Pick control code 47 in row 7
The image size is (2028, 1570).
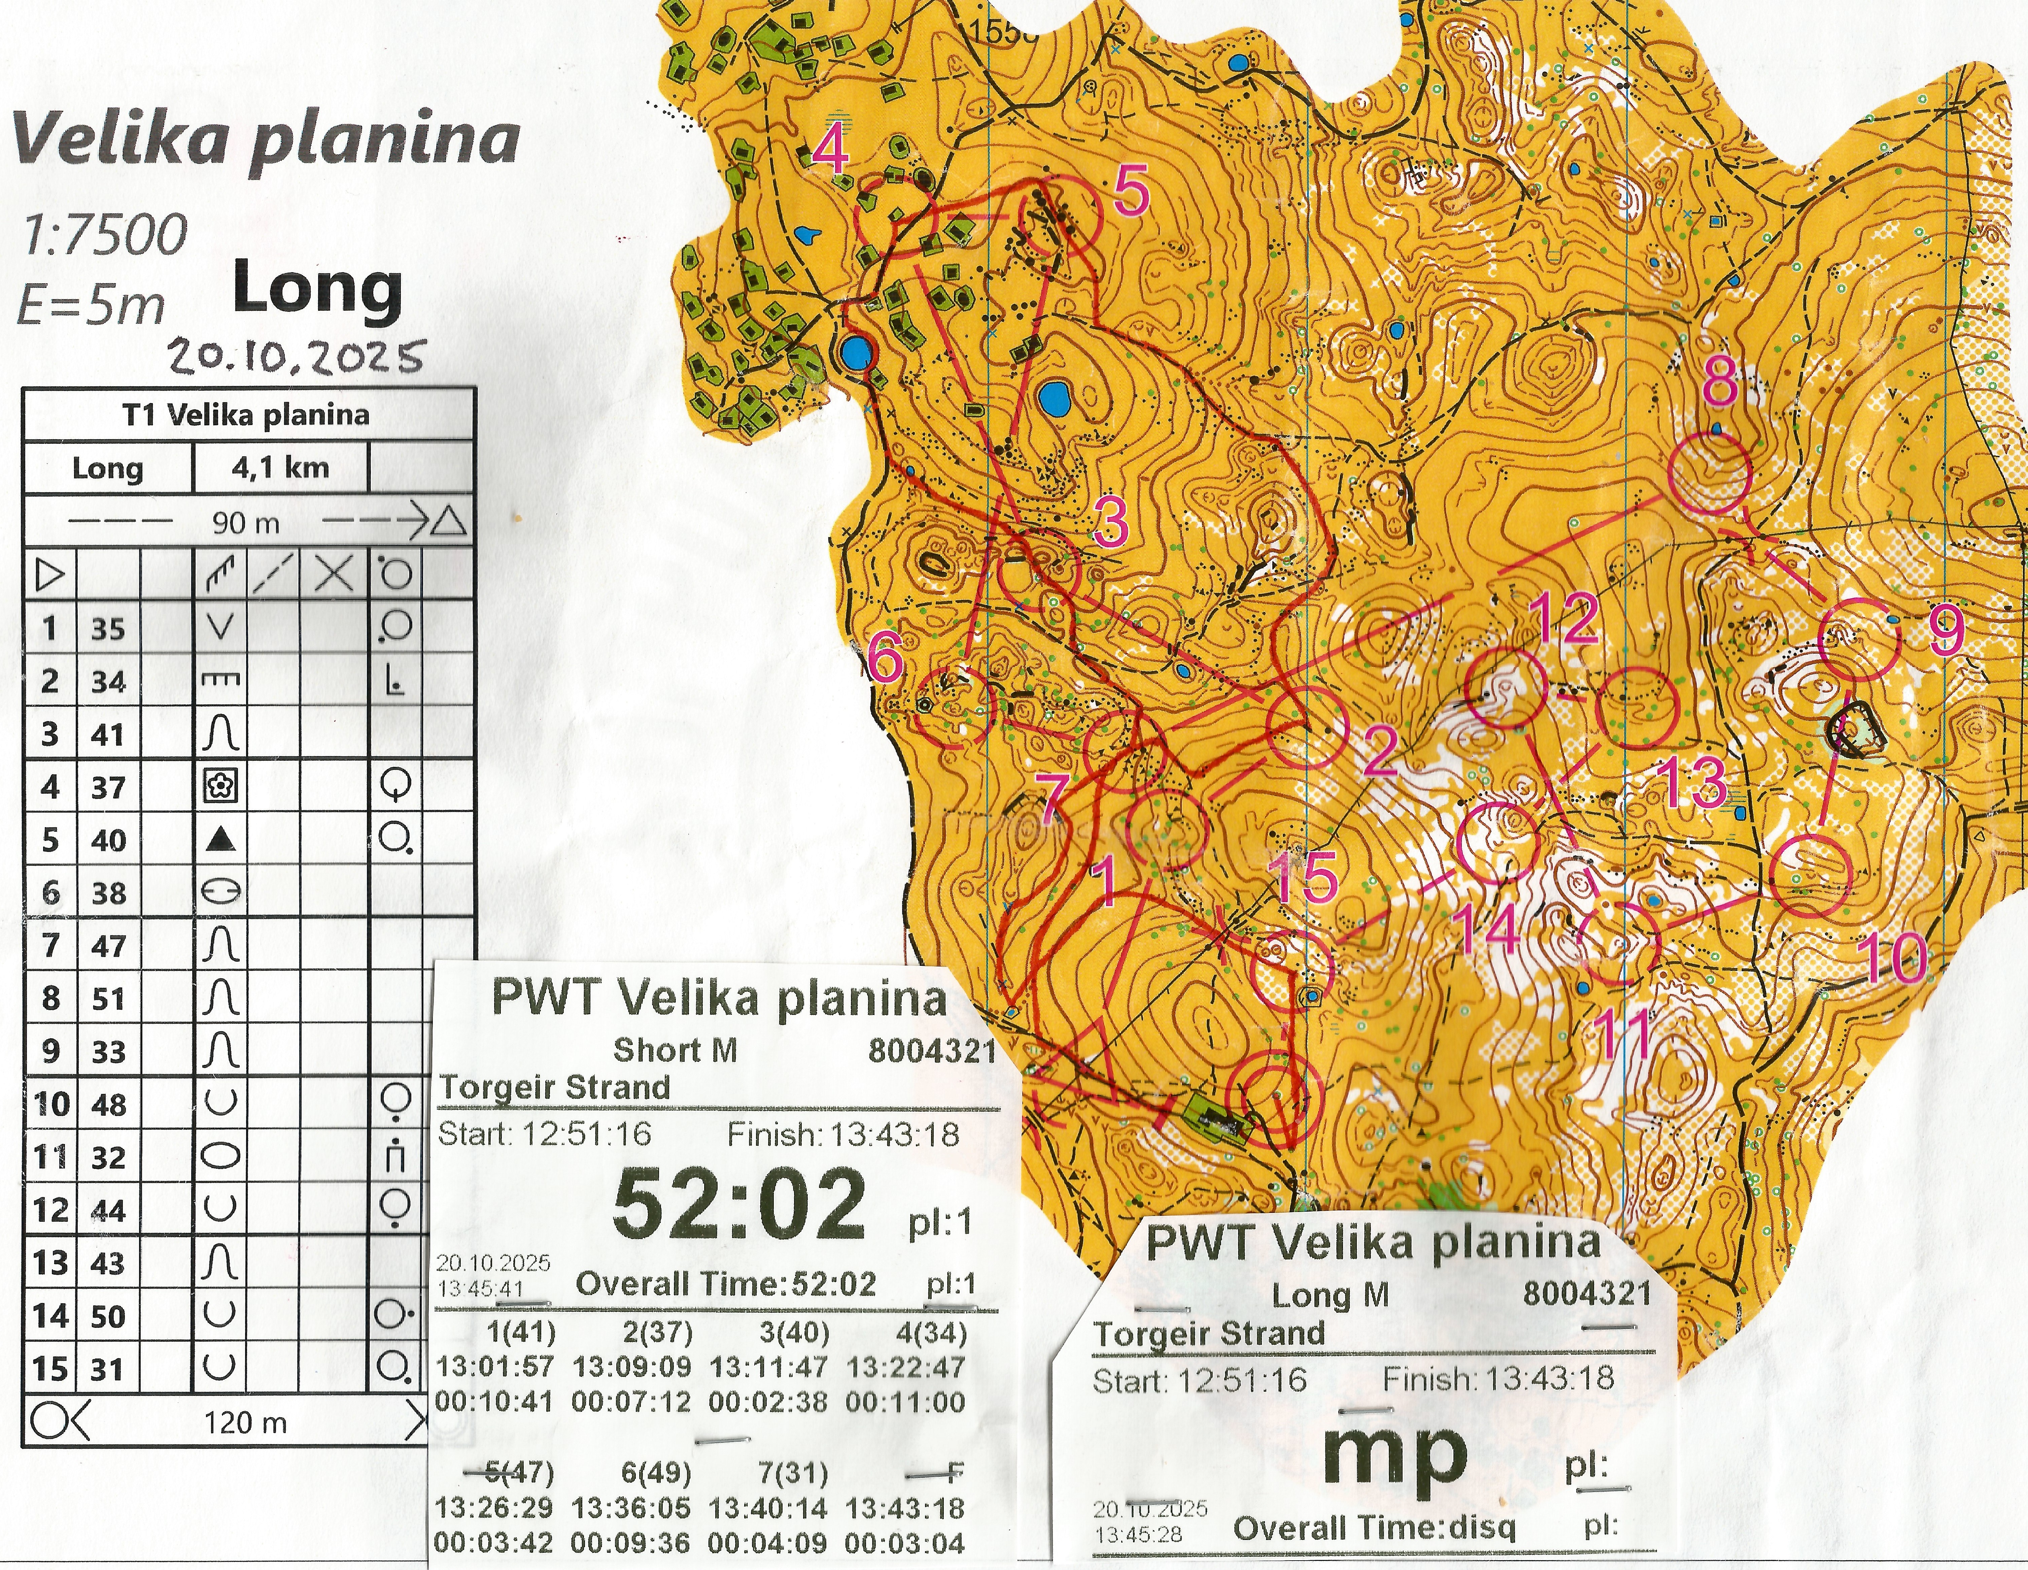(x=108, y=946)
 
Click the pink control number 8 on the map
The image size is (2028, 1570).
(x=1720, y=382)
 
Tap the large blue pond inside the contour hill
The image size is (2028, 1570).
(x=1054, y=399)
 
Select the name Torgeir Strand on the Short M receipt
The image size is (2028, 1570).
(x=554, y=1087)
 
